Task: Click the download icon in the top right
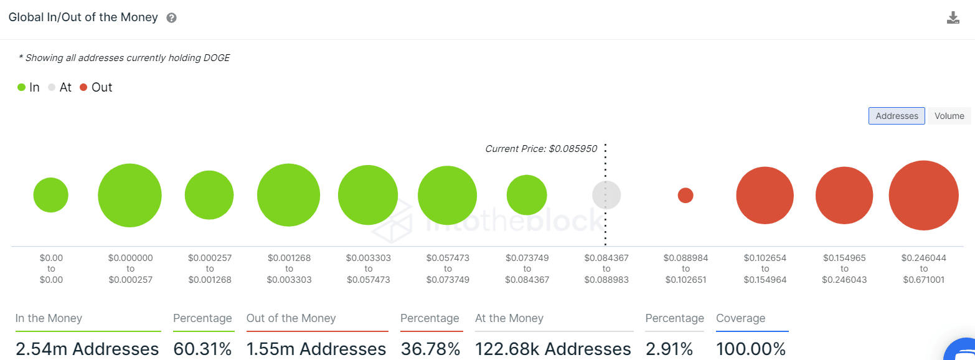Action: pos(953,17)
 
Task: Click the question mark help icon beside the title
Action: pos(172,18)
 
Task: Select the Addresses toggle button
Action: pos(897,116)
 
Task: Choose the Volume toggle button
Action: pos(949,116)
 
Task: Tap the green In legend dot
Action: pos(22,88)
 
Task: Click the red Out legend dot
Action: pos(84,88)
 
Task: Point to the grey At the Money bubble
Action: pos(606,195)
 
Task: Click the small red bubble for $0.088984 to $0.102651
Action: pos(685,196)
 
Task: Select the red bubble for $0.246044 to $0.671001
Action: pos(923,196)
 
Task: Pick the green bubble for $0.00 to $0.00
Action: pos(51,195)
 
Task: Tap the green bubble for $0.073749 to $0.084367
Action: pos(527,195)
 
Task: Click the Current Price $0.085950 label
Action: pos(540,149)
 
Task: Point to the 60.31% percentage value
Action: pos(202,349)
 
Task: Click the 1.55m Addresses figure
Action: pos(316,349)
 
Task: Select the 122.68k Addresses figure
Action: pos(553,349)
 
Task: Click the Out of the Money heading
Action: pos(291,318)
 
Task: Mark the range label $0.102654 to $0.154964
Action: pos(765,268)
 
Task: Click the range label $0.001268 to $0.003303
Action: pos(289,268)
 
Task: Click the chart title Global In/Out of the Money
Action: pos(83,17)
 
